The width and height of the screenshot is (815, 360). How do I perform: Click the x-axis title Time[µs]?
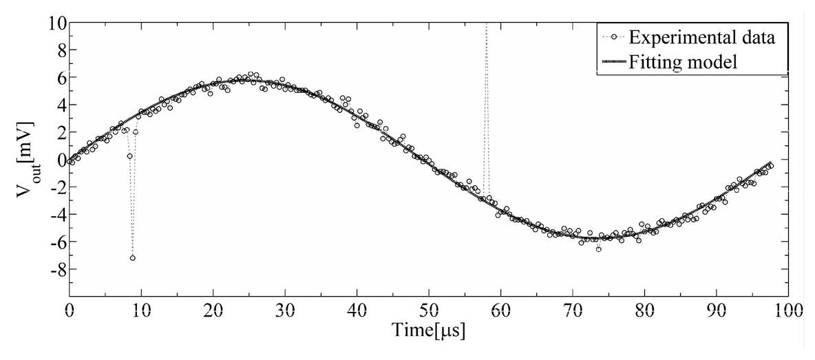[429, 330]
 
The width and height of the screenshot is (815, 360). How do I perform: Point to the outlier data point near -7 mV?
[132, 258]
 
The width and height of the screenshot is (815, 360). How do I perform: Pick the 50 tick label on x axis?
[429, 311]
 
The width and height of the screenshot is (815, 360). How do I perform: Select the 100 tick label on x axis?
[787, 311]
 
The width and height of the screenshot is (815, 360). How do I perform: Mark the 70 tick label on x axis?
[573, 311]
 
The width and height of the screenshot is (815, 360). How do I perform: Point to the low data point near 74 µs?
[598, 249]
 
